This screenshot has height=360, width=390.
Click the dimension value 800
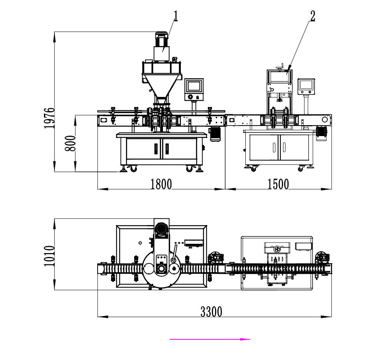tap(70, 143)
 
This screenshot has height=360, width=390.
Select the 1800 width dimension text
tap(161, 184)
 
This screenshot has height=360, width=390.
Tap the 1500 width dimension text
tap(278, 184)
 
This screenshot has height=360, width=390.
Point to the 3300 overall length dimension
tap(211, 312)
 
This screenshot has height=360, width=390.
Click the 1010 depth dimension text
tap(49, 255)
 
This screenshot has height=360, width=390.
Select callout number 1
tap(176, 16)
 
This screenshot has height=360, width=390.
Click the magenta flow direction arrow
tap(210, 339)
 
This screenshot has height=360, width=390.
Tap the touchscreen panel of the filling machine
tap(194, 86)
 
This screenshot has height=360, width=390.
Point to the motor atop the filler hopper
tap(162, 41)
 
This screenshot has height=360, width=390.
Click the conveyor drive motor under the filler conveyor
tap(215, 134)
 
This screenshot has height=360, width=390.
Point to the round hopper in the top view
tap(161, 268)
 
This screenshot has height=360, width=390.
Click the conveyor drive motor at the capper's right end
tap(321, 132)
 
